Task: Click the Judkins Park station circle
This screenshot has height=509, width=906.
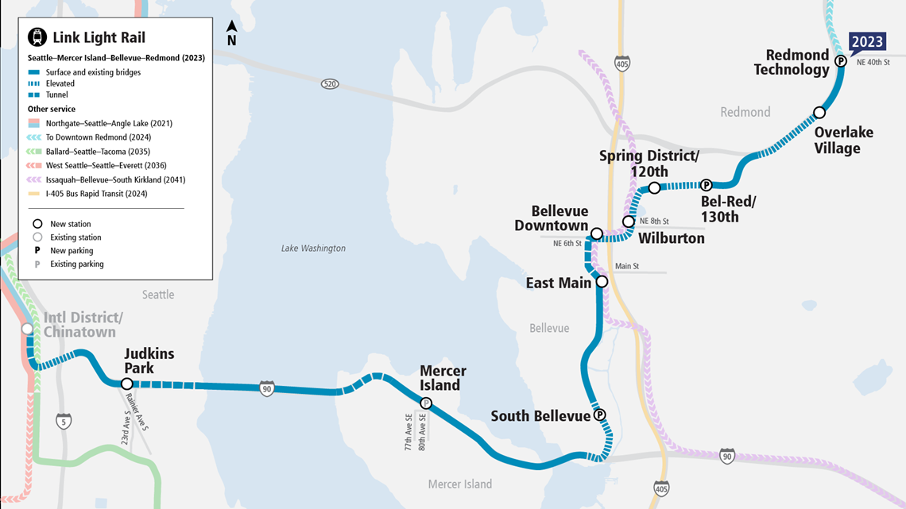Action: tap(126, 384)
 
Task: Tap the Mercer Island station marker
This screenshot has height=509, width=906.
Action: tap(426, 403)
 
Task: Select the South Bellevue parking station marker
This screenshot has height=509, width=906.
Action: tap(600, 415)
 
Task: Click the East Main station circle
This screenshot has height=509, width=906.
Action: tap(602, 282)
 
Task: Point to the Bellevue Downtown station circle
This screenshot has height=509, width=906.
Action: tap(596, 233)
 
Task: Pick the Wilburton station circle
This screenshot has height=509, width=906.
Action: tap(629, 222)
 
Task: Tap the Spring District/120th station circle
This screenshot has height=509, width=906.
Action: tap(654, 188)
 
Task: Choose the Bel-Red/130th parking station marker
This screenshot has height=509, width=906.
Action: tap(705, 185)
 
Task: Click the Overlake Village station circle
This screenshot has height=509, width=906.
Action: tap(819, 113)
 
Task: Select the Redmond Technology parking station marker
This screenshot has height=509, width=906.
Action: tap(840, 60)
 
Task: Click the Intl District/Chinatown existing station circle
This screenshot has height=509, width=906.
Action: tap(28, 329)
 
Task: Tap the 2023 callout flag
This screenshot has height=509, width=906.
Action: tap(867, 42)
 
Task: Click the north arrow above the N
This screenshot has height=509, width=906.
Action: tap(231, 26)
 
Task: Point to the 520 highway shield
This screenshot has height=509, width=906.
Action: tap(330, 83)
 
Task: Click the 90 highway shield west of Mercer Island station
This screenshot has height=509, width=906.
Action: tap(267, 389)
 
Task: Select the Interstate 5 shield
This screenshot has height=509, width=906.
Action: tap(64, 420)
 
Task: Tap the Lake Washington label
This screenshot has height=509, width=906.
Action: tap(313, 249)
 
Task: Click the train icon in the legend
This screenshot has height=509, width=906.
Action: tap(37, 37)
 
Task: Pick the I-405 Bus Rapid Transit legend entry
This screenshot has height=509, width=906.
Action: tap(96, 194)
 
